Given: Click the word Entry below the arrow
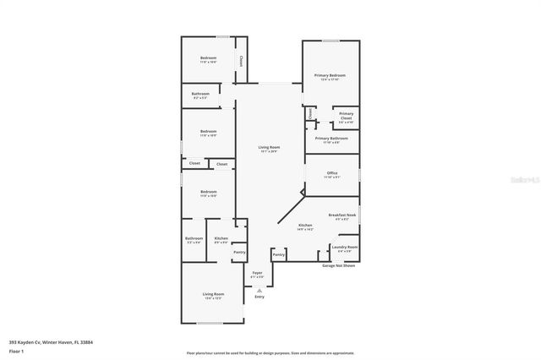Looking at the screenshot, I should click(260, 297).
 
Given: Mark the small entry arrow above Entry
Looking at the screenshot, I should click(260, 290).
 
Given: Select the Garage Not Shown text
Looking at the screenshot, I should click(338, 265).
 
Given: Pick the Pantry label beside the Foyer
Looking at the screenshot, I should click(279, 254).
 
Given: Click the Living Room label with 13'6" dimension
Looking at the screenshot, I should click(212, 295).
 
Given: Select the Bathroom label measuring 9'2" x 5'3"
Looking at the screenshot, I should click(200, 95).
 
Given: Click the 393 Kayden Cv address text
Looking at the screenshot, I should click(51, 342).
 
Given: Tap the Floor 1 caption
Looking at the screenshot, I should click(17, 350).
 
